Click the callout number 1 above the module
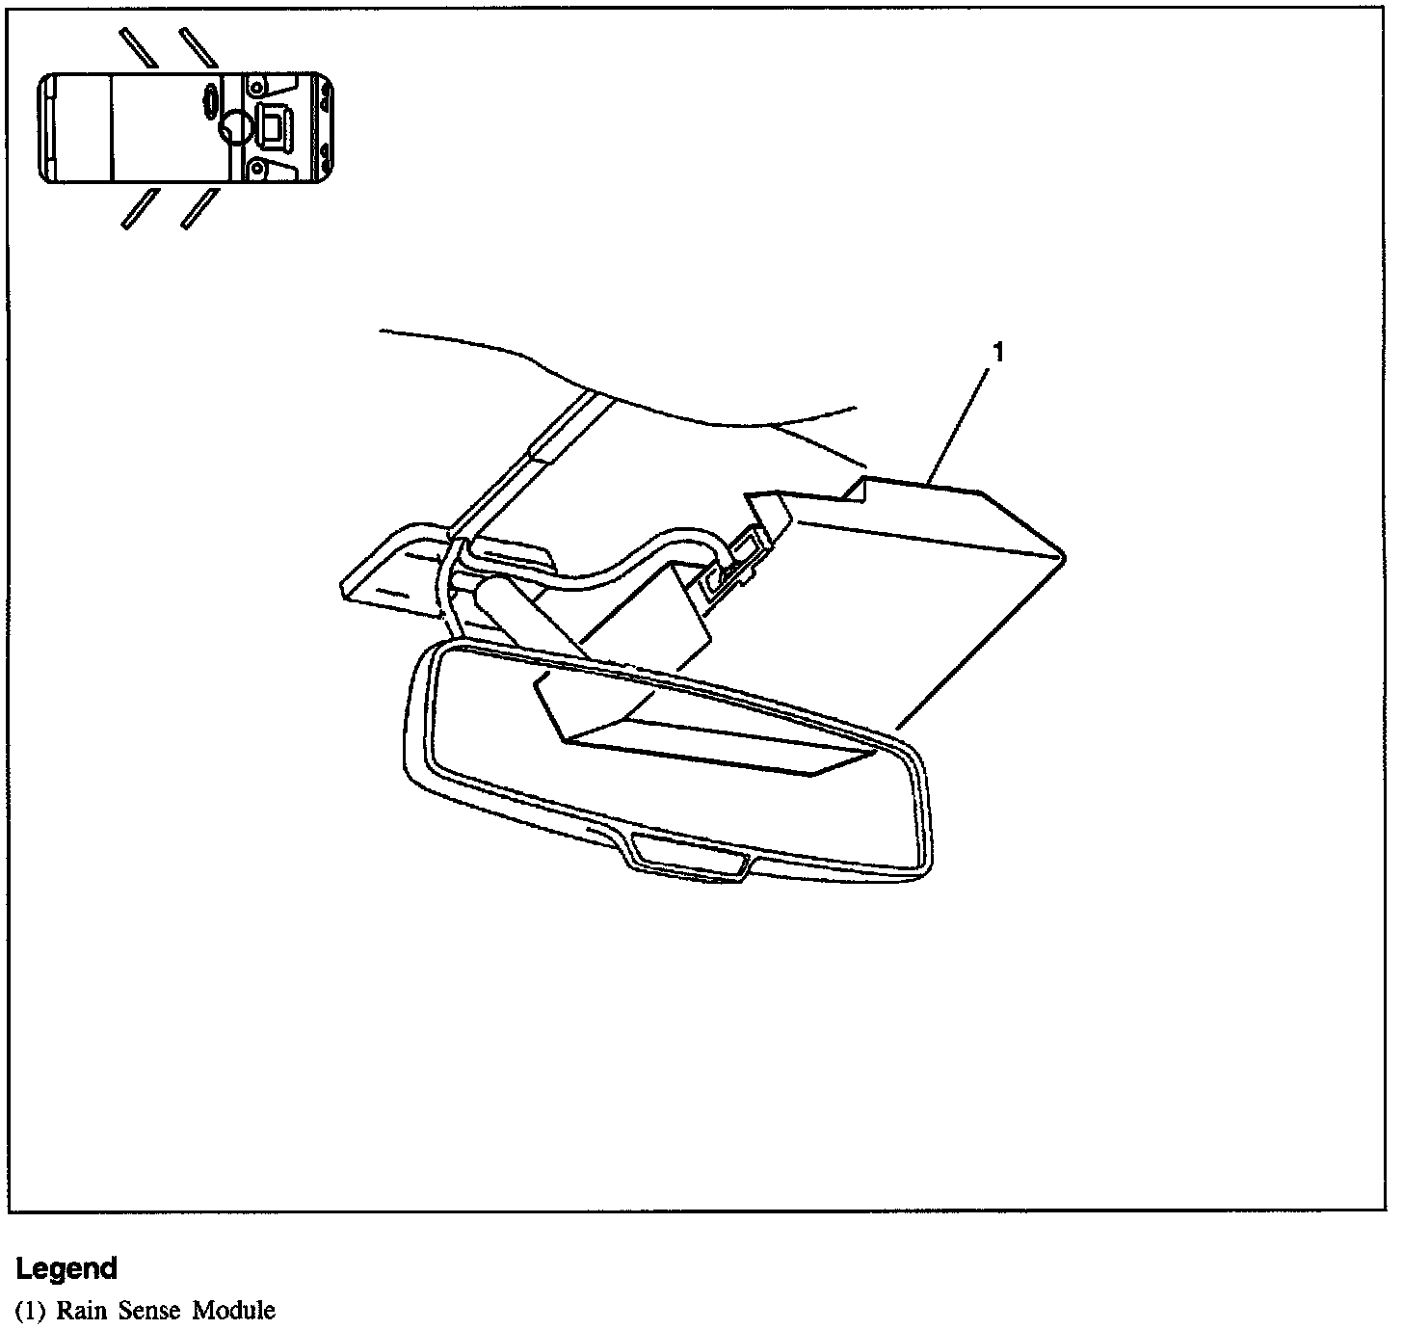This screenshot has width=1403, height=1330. click(x=998, y=354)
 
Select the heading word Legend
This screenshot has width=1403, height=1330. click(x=66, y=1268)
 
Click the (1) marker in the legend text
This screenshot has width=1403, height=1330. click(x=31, y=1311)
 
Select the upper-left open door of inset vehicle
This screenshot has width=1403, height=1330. click(x=139, y=47)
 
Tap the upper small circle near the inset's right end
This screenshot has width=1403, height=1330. click(x=255, y=86)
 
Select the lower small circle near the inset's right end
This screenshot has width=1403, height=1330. click(x=255, y=169)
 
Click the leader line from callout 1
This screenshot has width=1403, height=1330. click(x=959, y=422)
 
